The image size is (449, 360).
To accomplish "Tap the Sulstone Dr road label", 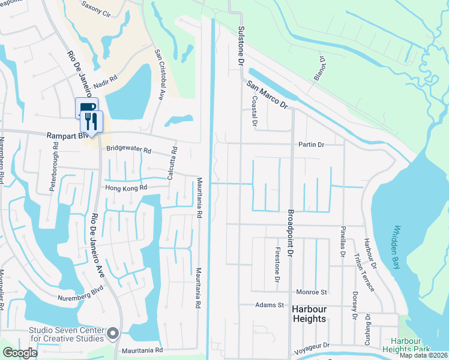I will pyautogui.click(x=241, y=46).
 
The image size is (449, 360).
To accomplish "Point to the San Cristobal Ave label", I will pyautogui.click(x=160, y=73).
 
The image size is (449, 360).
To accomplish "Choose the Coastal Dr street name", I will pyautogui.click(x=255, y=112).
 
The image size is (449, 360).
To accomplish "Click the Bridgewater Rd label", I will pyautogui.click(x=128, y=149).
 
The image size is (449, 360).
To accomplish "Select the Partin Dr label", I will pyautogui.click(x=311, y=145).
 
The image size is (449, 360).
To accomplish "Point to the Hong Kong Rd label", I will pyautogui.click(x=126, y=188).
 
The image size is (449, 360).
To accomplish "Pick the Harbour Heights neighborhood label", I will pyautogui.click(x=309, y=313).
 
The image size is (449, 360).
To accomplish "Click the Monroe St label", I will pyautogui.click(x=312, y=292).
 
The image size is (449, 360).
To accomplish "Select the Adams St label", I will pyautogui.click(x=270, y=305).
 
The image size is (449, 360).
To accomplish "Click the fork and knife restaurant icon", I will pyautogui.click(x=92, y=122).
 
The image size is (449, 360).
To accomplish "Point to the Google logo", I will pyautogui.click(x=20, y=353).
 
